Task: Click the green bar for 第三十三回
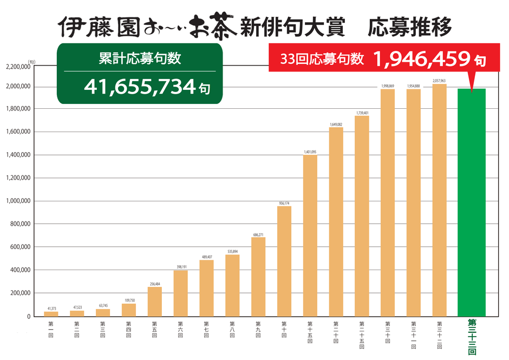(x=471, y=203)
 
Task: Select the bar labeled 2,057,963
(x=439, y=200)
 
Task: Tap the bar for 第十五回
(x=310, y=235)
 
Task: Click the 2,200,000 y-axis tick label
(x=19, y=67)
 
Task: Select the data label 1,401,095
(x=310, y=152)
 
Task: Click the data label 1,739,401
(x=362, y=113)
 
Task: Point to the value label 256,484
(x=155, y=284)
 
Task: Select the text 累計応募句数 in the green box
(x=140, y=58)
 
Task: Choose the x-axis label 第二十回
(x=336, y=331)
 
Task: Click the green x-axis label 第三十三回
(x=471, y=336)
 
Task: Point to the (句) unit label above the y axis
(x=32, y=61)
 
